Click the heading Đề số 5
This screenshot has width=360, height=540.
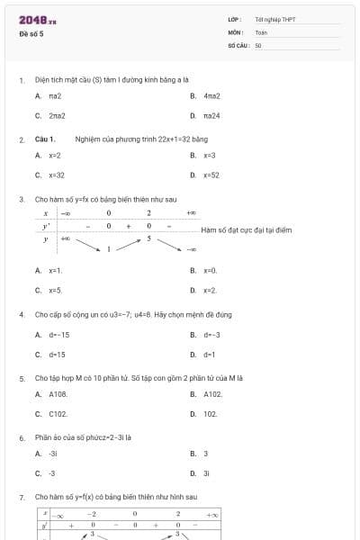[31, 33]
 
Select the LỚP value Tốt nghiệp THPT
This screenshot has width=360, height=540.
[275, 19]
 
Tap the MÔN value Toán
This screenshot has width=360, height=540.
[261, 31]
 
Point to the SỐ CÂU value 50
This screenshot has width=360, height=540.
[258, 44]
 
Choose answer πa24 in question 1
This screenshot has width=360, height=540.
[211, 115]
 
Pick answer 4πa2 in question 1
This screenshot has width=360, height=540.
[211, 95]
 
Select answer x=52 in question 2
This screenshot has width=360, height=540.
[211, 175]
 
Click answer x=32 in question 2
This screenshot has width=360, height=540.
[56, 175]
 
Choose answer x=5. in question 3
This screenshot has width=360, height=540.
[55, 290]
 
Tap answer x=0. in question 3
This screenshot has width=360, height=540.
[210, 270]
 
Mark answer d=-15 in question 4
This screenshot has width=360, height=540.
[58, 335]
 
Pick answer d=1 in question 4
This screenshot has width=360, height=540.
[209, 355]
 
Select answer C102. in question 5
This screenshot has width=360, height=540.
[58, 414]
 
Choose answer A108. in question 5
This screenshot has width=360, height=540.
[58, 394]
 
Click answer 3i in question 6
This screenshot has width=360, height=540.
[206, 472]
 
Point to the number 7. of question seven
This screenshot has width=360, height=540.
[21, 497]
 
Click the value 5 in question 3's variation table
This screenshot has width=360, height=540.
[148, 238]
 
